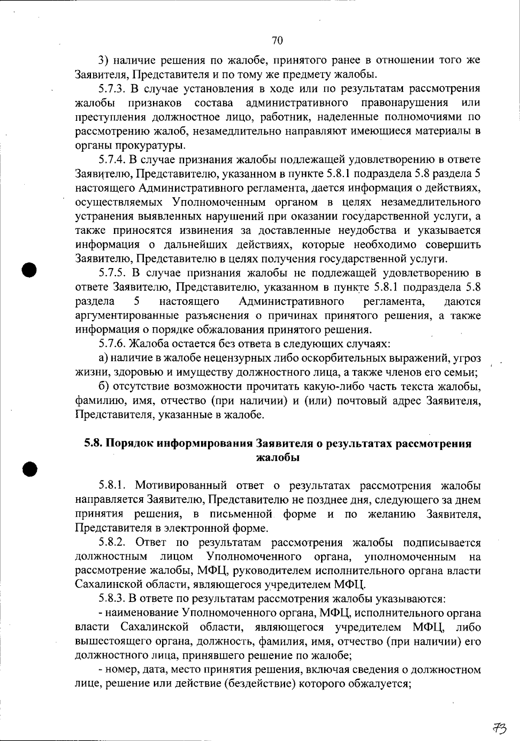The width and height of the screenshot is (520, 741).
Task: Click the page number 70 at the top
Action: pyautogui.click(x=277, y=40)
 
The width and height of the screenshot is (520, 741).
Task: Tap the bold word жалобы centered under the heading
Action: pyautogui.click(x=278, y=457)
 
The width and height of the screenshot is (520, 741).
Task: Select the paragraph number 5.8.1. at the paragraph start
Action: pyautogui.click(x=113, y=486)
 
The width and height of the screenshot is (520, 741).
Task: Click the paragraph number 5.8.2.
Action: pyautogui.click(x=113, y=543)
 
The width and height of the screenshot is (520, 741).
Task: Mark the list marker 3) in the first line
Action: pyautogui.click(x=102, y=61)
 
